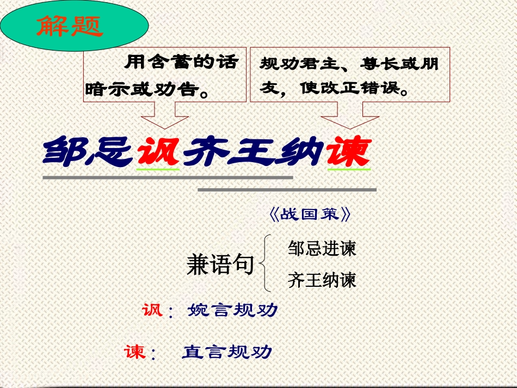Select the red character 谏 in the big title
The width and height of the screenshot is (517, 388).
click(x=348, y=151)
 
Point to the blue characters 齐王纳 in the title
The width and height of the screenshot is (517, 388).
click(x=253, y=151)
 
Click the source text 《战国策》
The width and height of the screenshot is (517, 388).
click(x=310, y=214)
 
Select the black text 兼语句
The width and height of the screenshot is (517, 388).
click(x=220, y=264)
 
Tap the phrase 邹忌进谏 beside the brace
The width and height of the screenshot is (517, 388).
click(x=322, y=249)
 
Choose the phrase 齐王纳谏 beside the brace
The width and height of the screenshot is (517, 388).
click(x=322, y=280)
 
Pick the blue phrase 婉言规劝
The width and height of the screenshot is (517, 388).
click(x=232, y=311)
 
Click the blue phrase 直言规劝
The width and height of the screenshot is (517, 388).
click(x=226, y=352)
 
